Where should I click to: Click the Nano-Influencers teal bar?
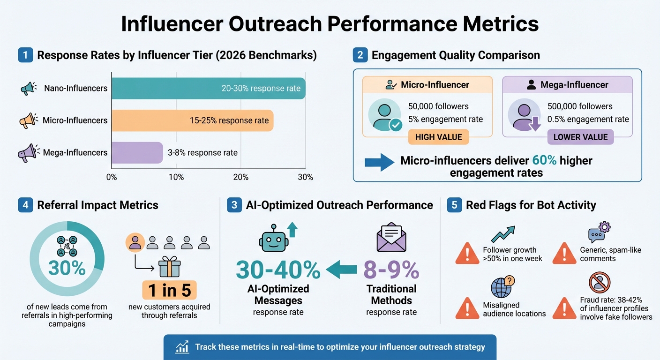click(208, 88)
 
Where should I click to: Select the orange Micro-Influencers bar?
click(192, 120)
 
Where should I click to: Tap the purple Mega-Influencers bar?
click(137, 152)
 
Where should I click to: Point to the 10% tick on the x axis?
click(176, 177)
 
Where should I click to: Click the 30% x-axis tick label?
click(305, 177)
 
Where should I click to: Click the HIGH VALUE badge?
click(438, 137)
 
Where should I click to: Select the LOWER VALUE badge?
click(580, 137)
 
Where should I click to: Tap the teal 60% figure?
click(544, 161)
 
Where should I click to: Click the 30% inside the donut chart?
click(67, 268)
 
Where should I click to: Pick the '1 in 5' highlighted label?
click(170, 291)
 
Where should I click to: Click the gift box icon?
click(169, 267)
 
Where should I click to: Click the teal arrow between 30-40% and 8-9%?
click(342, 270)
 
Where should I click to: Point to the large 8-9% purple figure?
click(391, 270)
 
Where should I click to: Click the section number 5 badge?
click(454, 205)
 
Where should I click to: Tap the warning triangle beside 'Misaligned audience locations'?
click(467, 308)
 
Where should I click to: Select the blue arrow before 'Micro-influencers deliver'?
click(379, 162)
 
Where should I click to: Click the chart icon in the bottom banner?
click(182, 347)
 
